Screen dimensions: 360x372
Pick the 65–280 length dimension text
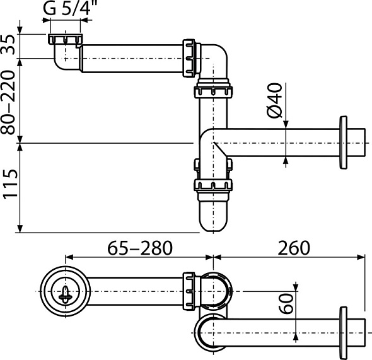pos(139,247)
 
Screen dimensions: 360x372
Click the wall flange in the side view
pos(344,142)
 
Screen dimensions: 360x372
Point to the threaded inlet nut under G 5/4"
pos(65,40)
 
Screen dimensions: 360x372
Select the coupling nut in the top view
pos(189,292)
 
